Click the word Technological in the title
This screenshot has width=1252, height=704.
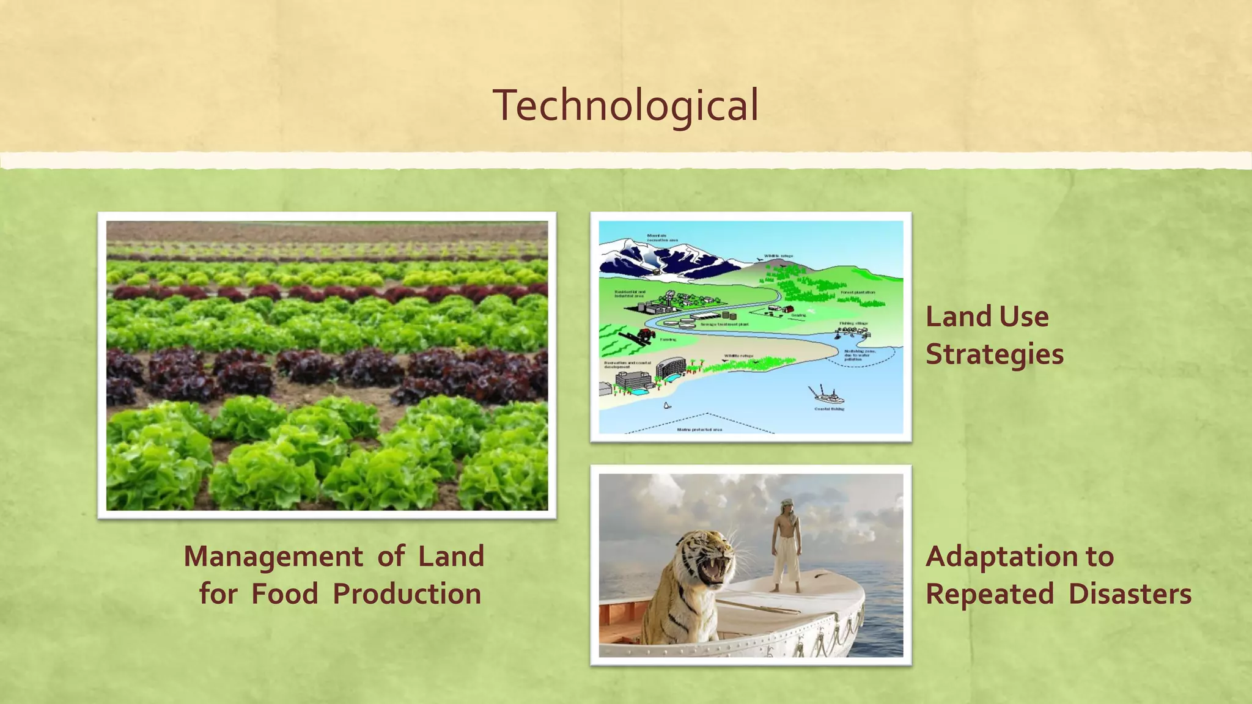pyautogui.click(x=625, y=105)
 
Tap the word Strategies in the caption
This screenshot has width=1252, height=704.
pyautogui.click(x=994, y=354)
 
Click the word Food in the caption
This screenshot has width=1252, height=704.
pyautogui.click(x=285, y=593)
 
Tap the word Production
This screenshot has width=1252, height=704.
pyautogui.click(x=407, y=593)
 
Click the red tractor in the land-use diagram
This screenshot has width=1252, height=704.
pyautogui.click(x=646, y=334)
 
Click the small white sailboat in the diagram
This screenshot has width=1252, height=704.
pyautogui.click(x=667, y=405)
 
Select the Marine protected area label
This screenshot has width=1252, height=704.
pyautogui.click(x=699, y=430)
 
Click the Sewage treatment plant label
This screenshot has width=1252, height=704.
pyautogui.click(x=724, y=324)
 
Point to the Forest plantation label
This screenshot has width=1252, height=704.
pyautogui.click(x=857, y=293)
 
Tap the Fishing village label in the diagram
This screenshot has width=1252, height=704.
pyautogui.click(x=853, y=323)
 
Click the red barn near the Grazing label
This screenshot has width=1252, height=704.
pyautogui.click(x=788, y=309)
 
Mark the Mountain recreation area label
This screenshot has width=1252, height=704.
pyautogui.click(x=662, y=238)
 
